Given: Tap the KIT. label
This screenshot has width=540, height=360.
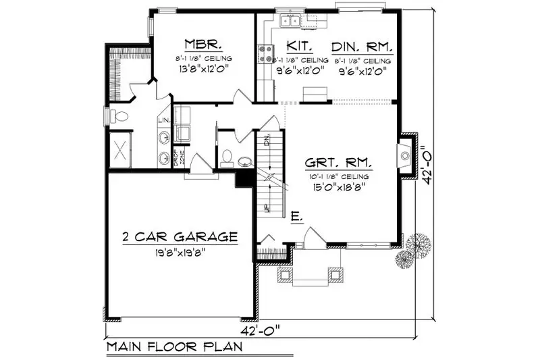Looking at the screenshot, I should [x=298, y=46].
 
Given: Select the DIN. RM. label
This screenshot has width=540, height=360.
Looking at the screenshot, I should [x=362, y=46].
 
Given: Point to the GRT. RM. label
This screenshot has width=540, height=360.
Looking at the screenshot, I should [x=339, y=164].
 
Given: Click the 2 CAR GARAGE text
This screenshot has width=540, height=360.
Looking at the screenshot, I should [x=180, y=237].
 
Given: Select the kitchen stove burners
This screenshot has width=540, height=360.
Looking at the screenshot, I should [x=265, y=53].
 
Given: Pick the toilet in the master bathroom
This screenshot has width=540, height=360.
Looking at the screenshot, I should [x=119, y=115].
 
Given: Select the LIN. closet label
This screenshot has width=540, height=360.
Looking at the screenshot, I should [x=163, y=120].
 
